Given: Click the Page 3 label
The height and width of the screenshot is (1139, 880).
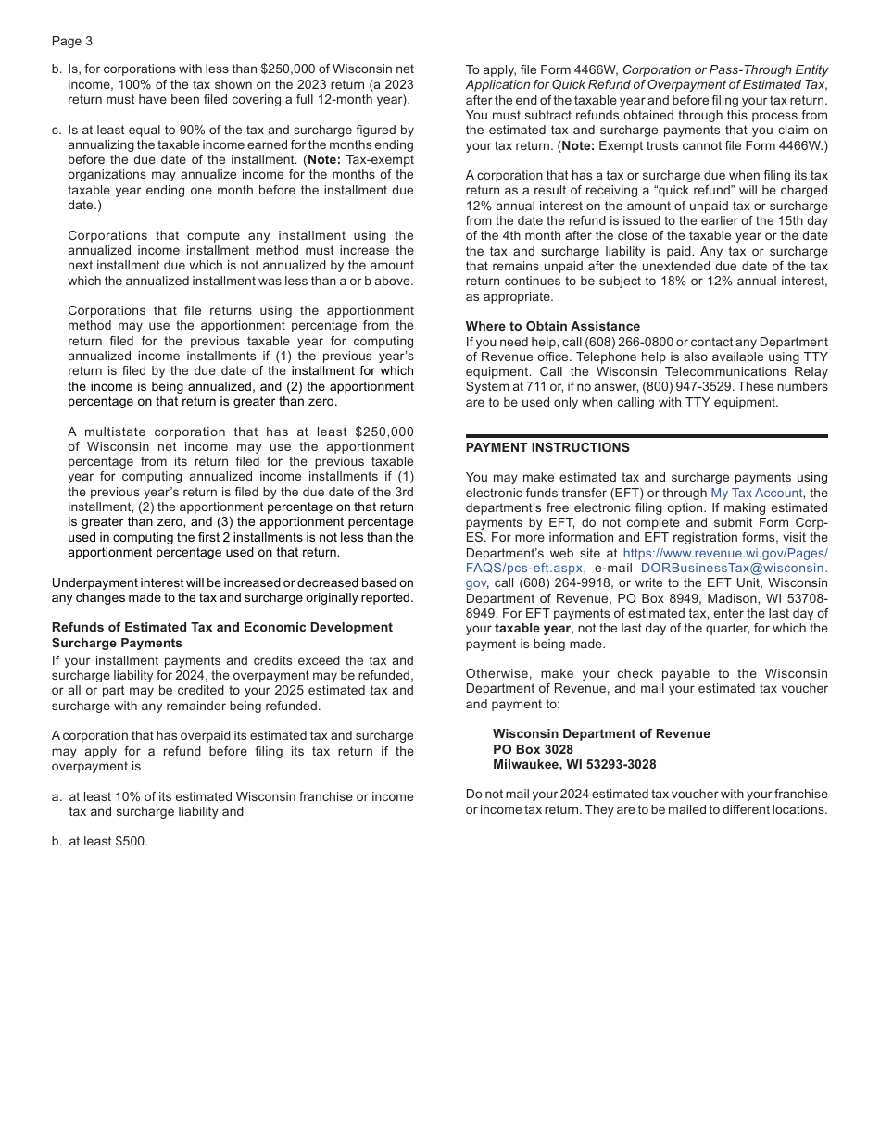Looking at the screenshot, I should coord(72,41).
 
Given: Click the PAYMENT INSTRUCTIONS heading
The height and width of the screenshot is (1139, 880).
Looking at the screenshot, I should coord(547,447).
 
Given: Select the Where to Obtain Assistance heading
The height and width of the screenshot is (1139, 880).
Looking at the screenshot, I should coord(552,326).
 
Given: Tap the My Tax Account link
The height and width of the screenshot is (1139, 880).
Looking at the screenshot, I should coord(756,493).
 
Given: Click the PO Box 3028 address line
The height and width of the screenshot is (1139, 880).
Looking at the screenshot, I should coord(533,749).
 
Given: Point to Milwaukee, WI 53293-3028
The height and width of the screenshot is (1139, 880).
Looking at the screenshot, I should coord(574,764).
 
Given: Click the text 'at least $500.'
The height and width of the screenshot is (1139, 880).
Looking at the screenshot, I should coord(107,842).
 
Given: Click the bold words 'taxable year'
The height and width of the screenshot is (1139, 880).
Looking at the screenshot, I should coord(533,629).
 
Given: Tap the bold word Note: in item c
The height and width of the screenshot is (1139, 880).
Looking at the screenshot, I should coord(323,160).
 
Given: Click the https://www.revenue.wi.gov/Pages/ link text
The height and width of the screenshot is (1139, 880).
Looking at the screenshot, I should coord(725,553).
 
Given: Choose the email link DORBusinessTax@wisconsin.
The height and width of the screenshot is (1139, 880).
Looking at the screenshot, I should coord(734,568).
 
